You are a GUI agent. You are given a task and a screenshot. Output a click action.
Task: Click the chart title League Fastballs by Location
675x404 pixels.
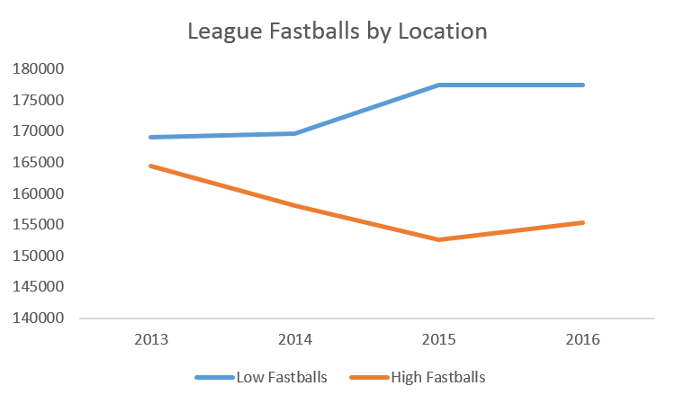pos(337,31)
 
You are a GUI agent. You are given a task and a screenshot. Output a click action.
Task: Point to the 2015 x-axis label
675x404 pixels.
pos(438,341)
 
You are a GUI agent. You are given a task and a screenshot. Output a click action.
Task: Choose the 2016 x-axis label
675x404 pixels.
pos(583,341)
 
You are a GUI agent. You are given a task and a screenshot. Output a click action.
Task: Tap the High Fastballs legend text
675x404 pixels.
pos(437,377)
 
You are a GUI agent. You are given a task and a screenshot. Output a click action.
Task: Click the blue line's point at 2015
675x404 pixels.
pos(439,85)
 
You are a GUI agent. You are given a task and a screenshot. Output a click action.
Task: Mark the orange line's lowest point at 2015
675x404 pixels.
pos(439,239)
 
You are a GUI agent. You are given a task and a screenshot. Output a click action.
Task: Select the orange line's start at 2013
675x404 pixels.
pos(150,166)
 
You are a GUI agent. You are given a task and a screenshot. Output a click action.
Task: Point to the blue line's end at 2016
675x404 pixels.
pos(583,85)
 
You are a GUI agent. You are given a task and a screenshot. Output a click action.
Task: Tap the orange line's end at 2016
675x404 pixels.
pos(583,222)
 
